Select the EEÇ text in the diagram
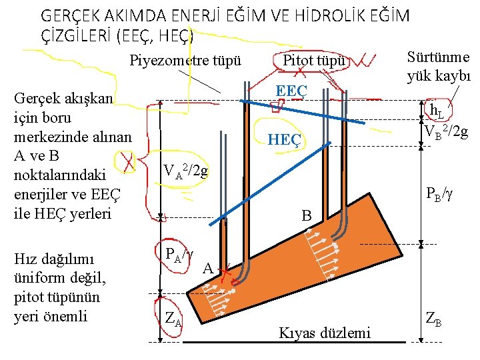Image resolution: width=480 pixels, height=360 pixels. tap(291, 91)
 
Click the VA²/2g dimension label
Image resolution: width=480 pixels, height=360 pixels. tap(186, 172)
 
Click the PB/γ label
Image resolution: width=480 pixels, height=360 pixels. tap(441, 196)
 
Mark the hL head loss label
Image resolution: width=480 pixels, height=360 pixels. tap(437, 111)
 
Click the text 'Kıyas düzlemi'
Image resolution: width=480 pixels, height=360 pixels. tap(325, 332)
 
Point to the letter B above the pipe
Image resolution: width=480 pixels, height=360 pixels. tap(306, 216)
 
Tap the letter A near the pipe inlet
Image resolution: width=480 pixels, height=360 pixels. tap(208, 269)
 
